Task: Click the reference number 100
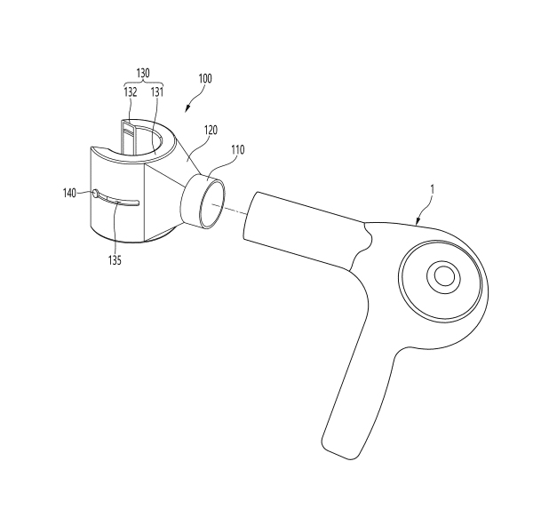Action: pos(205,78)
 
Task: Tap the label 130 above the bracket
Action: pos(143,73)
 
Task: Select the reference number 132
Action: pos(131,92)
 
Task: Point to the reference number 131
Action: pos(157,92)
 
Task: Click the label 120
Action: pos(211,131)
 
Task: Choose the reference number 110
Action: pos(238,150)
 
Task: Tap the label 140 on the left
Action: pos(69,193)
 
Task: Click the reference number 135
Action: pos(115,260)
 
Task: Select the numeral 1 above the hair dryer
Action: pos(432,189)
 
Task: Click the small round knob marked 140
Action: pos(95,193)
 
